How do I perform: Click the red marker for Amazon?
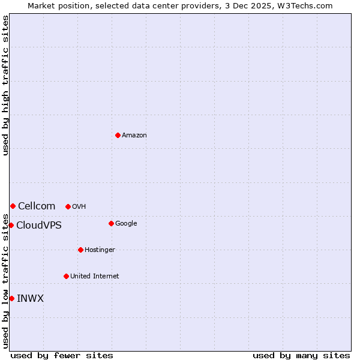click(118, 135)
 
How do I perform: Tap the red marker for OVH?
click(68, 206)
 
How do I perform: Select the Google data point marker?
click(111, 223)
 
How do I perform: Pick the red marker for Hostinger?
click(80, 250)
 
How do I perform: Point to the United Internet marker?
click(66, 276)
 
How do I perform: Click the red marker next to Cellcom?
click(13, 206)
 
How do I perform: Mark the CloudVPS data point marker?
click(11, 225)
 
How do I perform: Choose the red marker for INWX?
click(11, 298)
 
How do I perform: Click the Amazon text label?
click(134, 136)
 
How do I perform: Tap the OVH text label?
click(79, 207)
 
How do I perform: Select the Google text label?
click(126, 224)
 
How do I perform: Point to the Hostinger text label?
click(100, 250)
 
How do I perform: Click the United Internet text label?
click(95, 277)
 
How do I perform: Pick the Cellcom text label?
click(37, 206)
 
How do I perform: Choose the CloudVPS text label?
click(39, 226)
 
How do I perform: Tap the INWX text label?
click(30, 299)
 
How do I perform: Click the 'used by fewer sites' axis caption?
click(62, 356)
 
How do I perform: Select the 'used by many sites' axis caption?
click(301, 356)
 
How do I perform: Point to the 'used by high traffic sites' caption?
click(6, 85)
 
